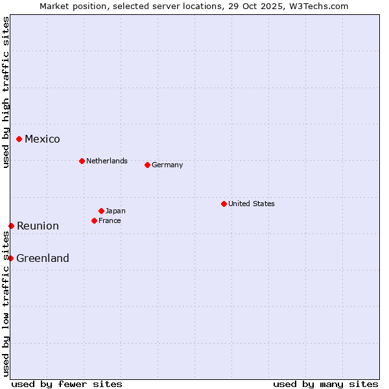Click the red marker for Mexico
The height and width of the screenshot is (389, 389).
click(x=19, y=139)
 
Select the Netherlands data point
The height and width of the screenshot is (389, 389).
click(x=82, y=161)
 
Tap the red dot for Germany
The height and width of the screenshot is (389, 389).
click(x=147, y=165)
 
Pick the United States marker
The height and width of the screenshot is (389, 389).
click(x=224, y=204)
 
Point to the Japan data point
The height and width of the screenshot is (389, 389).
click(x=101, y=211)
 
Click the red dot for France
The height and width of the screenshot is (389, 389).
click(x=94, y=220)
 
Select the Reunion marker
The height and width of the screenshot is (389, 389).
click(x=11, y=226)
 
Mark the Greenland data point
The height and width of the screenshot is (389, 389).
click(x=10, y=258)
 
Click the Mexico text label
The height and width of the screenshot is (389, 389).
click(x=42, y=139)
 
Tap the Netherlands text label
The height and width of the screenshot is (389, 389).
click(x=107, y=161)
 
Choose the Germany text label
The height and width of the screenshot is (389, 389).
click(x=167, y=165)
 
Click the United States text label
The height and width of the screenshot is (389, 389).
click(x=252, y=204)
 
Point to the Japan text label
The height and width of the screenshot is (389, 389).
click(x=115, y=211)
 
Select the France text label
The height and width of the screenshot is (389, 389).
click(x=110, y=220)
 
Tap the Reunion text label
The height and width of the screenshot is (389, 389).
click(x=38, y=226)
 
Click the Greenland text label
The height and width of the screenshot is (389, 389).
click(x=43, y=258)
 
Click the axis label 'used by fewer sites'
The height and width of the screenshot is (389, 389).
click(x=67, y=384)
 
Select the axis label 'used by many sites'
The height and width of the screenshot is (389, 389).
click(x=325, y=384)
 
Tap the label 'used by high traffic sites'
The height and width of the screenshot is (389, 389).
click(x=6, y=92)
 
